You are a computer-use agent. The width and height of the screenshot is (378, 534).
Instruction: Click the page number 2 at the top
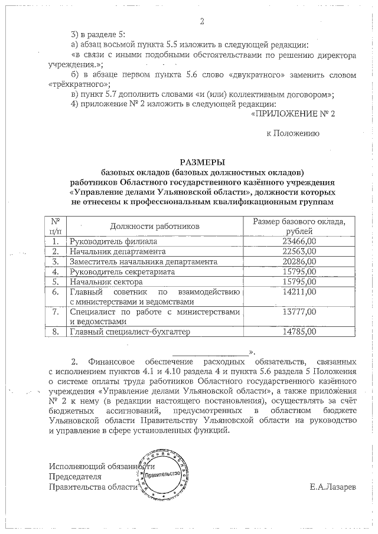(202, 22)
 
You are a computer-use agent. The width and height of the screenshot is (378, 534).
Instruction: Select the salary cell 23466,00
(299, 241)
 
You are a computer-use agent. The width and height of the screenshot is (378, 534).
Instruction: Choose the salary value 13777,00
(299, 312)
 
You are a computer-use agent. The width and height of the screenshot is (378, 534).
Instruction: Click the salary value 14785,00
(299, 332)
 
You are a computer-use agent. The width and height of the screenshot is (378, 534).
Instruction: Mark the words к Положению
(293, 134)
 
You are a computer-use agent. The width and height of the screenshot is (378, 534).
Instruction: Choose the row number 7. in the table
(56, 312)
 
